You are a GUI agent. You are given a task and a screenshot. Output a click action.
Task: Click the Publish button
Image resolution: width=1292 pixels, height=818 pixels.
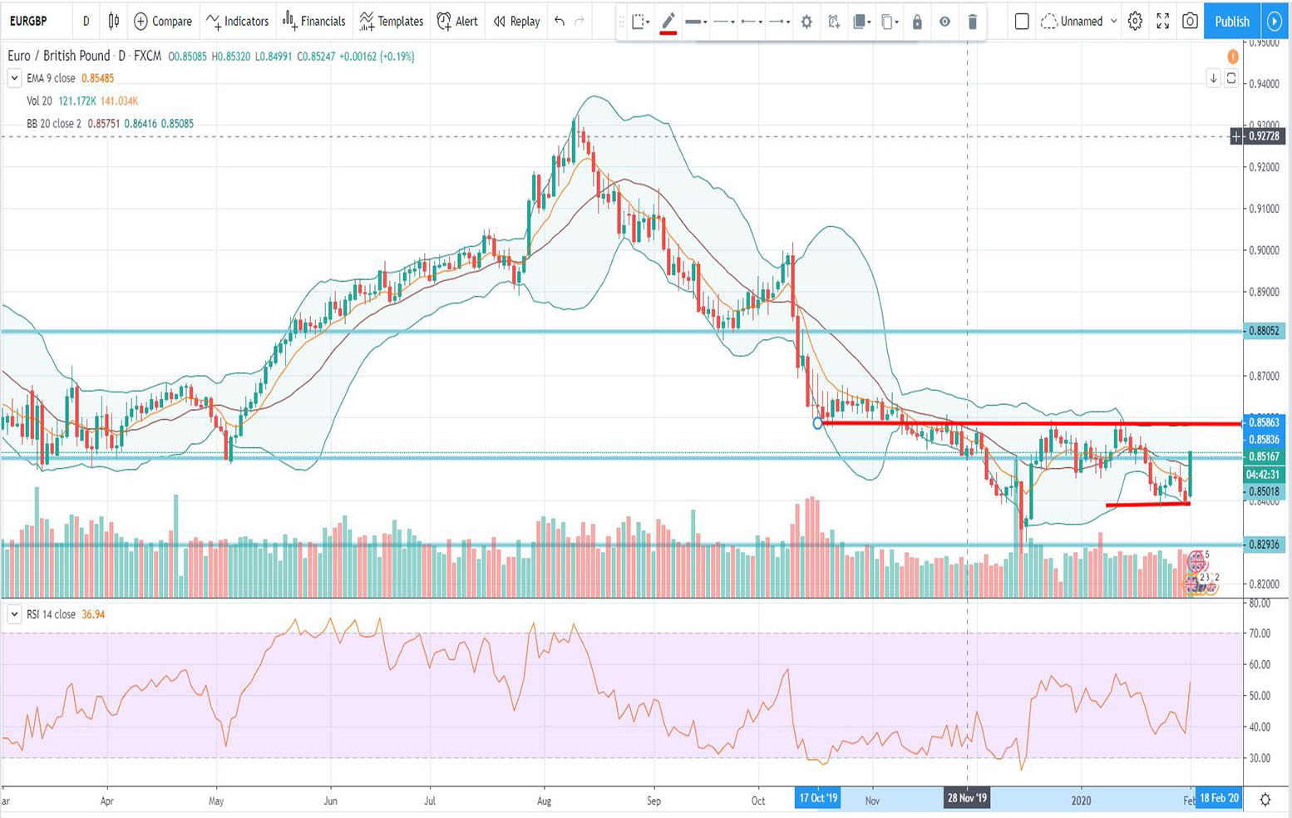[x=1231, y=21]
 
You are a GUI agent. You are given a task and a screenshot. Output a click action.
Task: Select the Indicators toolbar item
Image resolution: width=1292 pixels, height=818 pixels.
[x=238, y=21]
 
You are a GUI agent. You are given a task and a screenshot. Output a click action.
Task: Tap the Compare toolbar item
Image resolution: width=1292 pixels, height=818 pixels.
[x=163, y=21]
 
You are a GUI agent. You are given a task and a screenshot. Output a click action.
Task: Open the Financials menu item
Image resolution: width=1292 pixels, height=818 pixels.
[x=313, y=21]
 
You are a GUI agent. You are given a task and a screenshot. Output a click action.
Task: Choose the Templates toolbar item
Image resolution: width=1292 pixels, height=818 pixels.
[x=391, y=21]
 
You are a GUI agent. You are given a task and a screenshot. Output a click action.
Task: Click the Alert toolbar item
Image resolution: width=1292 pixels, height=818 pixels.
[x=457, y=21]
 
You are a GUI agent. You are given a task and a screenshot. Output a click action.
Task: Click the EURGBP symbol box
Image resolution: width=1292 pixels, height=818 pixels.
[x=29, y=21]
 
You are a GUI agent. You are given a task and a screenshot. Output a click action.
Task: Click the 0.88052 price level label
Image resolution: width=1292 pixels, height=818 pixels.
[x=1263, y=331]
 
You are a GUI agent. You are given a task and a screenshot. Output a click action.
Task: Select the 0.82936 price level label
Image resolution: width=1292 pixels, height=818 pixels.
[x=1263, y=545]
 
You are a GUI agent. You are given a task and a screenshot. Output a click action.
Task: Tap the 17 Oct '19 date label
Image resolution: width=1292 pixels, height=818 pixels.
[x=817, y=799]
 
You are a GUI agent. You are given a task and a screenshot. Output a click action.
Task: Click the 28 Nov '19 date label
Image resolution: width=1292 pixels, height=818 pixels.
[x=967, y=799]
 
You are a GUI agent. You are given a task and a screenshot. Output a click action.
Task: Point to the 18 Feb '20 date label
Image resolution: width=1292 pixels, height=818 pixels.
[x=1219, y=799]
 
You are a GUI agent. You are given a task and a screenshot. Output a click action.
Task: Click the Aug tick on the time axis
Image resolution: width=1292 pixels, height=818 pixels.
[x=545, y=801]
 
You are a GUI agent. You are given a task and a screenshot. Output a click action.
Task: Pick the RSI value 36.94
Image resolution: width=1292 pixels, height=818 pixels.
[x=93, y=614]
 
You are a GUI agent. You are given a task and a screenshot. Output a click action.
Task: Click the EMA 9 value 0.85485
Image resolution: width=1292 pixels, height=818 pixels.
[x=98, y=78]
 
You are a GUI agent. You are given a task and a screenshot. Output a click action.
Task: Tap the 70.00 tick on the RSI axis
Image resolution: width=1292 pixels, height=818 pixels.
[x=1260, y=633]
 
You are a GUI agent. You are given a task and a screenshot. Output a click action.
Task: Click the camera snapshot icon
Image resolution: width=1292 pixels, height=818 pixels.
[x=1190, y=21]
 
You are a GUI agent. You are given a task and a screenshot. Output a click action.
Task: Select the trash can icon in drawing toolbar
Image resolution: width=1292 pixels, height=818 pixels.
[x=972, y=22]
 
